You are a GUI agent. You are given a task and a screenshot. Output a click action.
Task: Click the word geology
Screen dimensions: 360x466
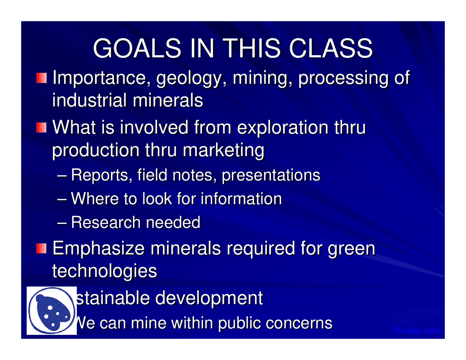[x=189, y=79]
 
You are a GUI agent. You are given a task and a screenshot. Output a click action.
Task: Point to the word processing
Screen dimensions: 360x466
[x=343, y=79]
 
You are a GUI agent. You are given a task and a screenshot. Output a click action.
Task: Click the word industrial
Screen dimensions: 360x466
[x=90, y=100]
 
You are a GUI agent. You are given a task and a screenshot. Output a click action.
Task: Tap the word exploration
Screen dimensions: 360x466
[x=283, y=128]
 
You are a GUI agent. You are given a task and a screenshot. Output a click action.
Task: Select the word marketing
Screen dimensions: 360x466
[x=224, y=151]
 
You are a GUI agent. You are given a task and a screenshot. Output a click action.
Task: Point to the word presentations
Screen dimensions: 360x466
[x=271, y=175]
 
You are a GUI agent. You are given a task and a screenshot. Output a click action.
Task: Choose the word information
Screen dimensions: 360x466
[x=241, y=199]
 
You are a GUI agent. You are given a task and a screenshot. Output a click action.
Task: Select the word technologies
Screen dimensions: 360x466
[x=105, y=271]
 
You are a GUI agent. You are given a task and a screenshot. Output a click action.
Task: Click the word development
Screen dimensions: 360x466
[x=209, y=298]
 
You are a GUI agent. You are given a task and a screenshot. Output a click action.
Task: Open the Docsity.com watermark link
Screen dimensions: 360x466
[x=417, y=331]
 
